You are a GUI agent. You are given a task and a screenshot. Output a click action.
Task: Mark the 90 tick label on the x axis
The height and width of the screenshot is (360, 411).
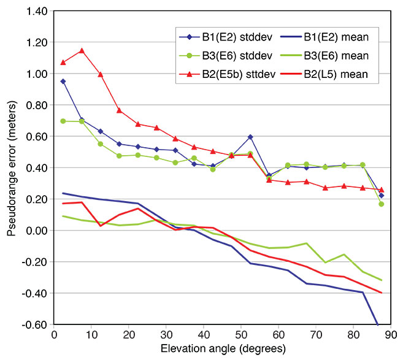(391, 335)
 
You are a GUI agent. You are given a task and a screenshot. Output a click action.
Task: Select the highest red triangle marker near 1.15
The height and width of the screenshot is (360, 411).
(82, 51)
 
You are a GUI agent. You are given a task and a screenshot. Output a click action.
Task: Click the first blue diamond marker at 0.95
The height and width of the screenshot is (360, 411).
(63, 81)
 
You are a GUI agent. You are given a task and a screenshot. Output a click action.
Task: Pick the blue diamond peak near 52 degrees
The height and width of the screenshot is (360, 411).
(250, 137)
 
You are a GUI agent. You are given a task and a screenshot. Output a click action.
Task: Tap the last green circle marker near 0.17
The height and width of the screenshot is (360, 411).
(382, 204)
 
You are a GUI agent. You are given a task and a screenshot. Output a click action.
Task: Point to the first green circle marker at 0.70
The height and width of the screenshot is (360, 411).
(63, 121)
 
